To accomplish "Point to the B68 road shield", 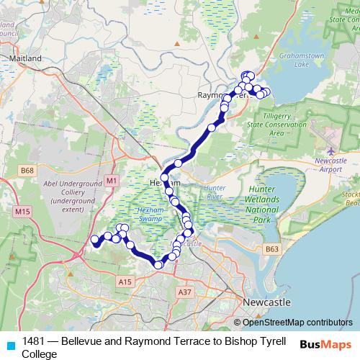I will pos(28,171).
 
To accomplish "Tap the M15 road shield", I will pos(22,211).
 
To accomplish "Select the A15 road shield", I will pos(126,280).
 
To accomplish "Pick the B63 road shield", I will pos(271,249).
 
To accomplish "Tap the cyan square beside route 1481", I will pos(9,344).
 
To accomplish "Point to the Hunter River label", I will pos(216,191).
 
